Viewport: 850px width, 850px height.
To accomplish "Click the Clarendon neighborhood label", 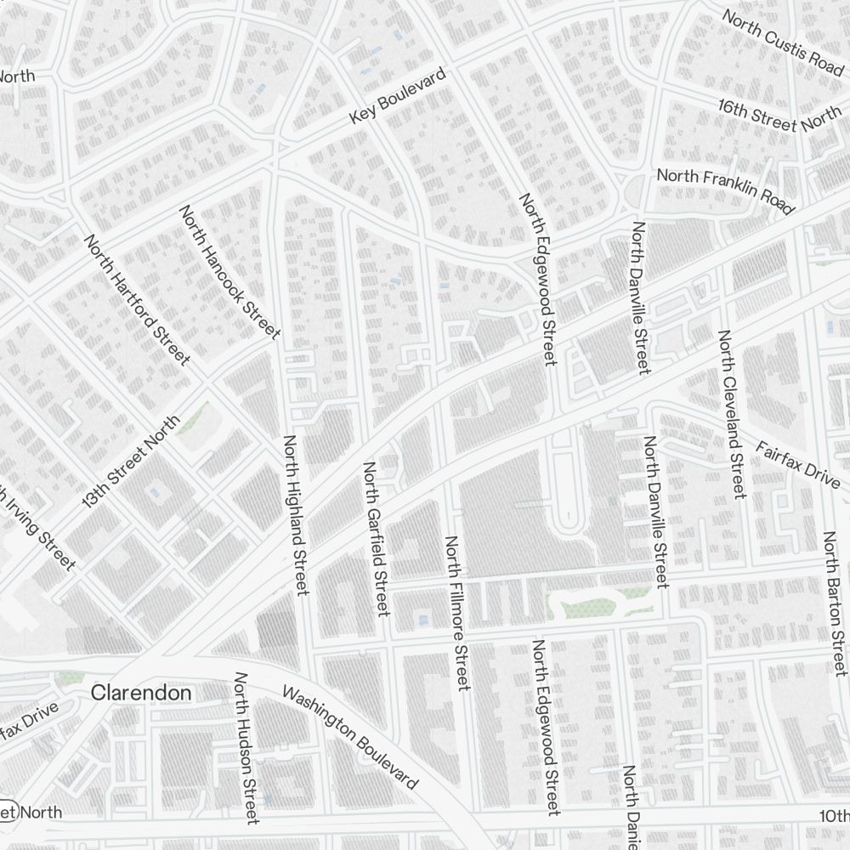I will pyautogui.click(x=141, y=693).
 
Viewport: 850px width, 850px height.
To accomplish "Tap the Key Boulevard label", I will pyautogui.click(x=398, y=98).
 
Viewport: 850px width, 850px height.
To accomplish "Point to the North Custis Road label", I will pyautogui.click(x=782, y=41).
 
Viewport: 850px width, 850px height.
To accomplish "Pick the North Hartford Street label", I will pyautogui.click(x=136, y=299).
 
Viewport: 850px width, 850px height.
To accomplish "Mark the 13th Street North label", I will pyautogui.click(x=131, y=462).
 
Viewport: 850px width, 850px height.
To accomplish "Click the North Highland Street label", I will pyautogui.click(x=295, y=514).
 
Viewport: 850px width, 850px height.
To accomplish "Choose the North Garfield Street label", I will pyautogui.click(x=377, y=538).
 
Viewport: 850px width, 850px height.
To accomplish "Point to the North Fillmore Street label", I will pyautogui.click(x=456, y=612).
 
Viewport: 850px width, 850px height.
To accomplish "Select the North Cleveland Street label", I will pyautogui.click(x=732, y=414).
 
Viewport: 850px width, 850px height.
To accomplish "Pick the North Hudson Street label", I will pyautogui.click(x=246, y=748).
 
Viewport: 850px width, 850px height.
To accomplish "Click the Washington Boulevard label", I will pyautogui.click(x=350, y=737).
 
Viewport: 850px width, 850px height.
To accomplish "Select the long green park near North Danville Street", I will pyautogui.click(x=595, y=602).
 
